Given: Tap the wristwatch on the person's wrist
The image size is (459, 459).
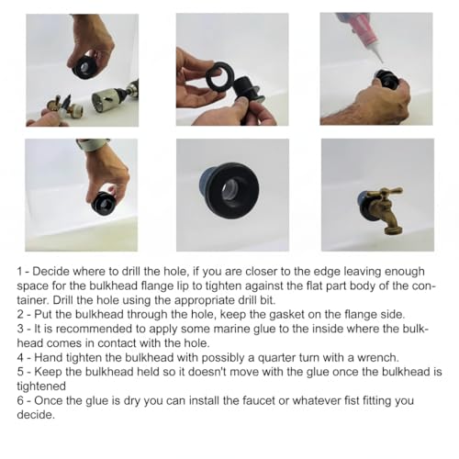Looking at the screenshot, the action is (93, 145).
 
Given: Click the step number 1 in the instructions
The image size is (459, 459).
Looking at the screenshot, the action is (20, 272).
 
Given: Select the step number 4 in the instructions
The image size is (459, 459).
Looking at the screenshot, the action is (20, 357).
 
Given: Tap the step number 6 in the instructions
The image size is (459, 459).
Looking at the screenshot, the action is (20, 400).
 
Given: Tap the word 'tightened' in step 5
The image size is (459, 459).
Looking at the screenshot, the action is (41, 386).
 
